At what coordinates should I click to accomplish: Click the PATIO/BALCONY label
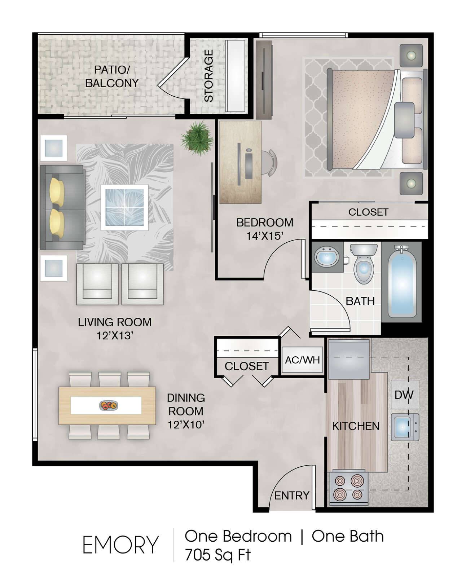[112, 76]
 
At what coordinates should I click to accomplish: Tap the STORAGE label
[208, 76]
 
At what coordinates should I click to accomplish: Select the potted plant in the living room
[197, 138]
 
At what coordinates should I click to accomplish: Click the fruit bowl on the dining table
[109, 405]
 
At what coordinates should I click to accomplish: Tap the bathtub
[402, 282]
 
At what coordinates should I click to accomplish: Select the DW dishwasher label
[404, 395]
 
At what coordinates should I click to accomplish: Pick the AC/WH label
[302, 360]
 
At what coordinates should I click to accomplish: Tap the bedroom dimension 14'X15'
[264, 236]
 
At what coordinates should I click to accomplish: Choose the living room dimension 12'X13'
[115, 336]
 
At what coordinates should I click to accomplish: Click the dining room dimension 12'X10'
[186, 425]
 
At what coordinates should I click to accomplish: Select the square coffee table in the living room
[124, 207]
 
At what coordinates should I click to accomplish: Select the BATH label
[360, 301]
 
